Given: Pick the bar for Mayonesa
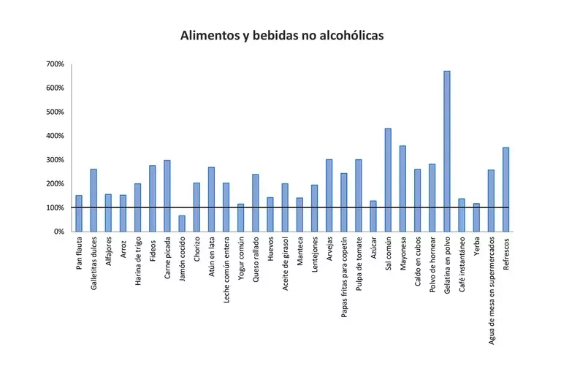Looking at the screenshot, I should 402,188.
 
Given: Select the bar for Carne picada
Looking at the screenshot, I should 167,196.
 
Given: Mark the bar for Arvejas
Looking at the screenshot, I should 329,195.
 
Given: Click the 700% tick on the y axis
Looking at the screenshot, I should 56,64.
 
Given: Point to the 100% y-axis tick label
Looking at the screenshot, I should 56,208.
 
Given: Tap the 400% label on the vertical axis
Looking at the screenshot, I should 56,136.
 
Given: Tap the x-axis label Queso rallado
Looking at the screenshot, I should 256,262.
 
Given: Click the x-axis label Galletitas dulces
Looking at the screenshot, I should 93,264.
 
